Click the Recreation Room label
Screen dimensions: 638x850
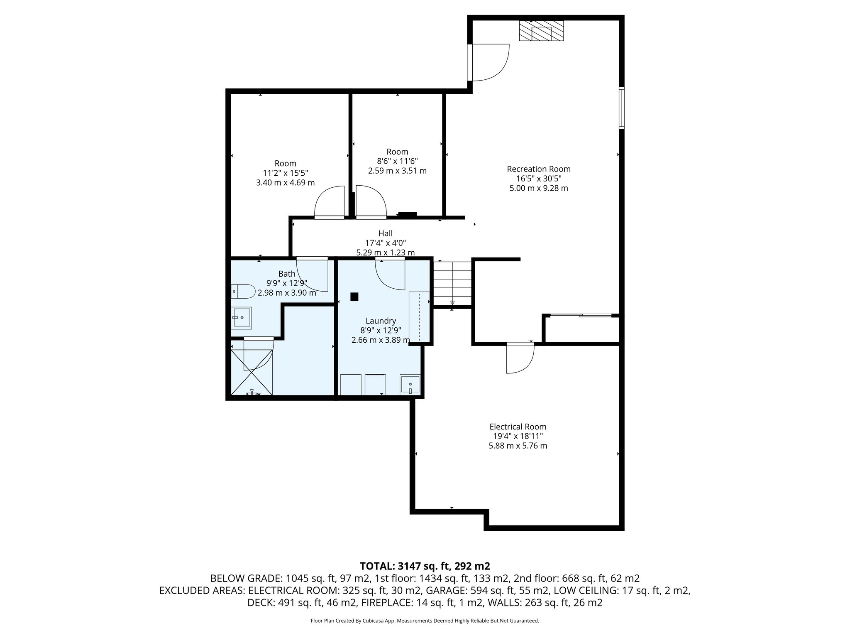[538, 169]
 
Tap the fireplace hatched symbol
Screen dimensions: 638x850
[541, 31]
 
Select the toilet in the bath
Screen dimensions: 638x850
[243, 292]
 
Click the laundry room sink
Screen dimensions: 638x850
[410, 385]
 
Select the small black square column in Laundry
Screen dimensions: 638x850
[354, 297]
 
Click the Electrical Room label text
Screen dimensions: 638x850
[518, 427]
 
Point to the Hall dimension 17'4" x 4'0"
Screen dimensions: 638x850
[385, 243]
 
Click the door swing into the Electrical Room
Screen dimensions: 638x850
[520, 358]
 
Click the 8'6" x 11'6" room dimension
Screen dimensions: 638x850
[397, 161]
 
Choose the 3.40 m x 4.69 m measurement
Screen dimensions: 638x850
[285, 182]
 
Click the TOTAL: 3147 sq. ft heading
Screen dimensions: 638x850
[425, 566]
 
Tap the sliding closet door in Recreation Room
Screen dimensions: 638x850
[580, 316]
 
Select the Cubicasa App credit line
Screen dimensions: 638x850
[425, 621]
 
